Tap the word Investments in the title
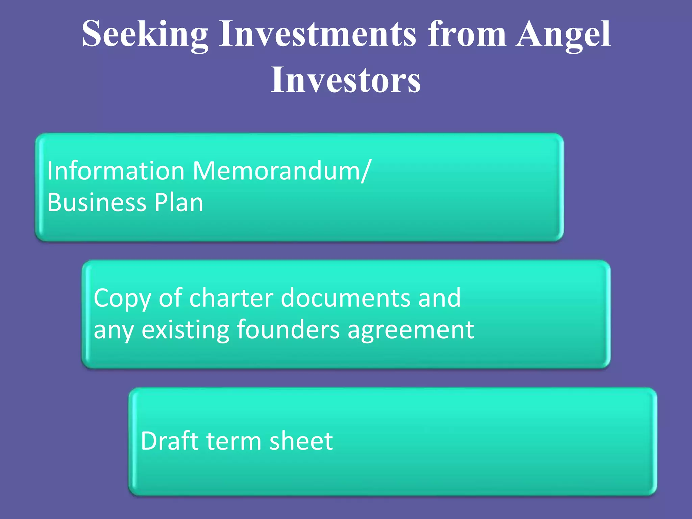coord(318,34)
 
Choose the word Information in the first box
coord(116,171)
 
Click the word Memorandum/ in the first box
coord(282,171)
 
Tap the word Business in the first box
coord(97,203)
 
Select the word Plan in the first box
coord(179,203)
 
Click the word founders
coord(288,330)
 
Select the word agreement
coord(411,330)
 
